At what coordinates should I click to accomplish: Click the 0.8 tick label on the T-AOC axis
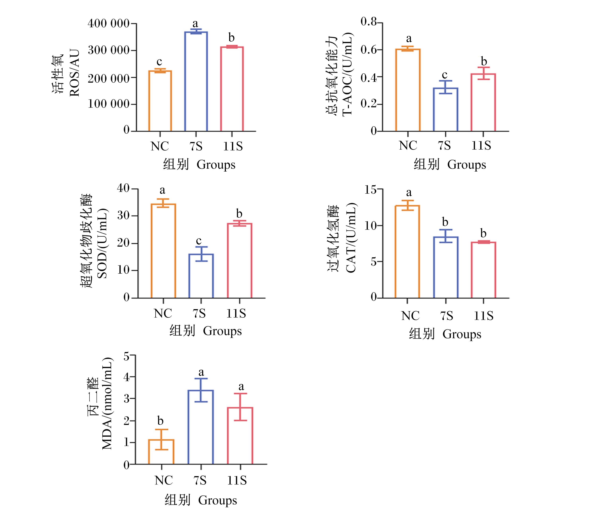[x=369, y=22]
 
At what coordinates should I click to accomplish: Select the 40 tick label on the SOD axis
[x=123, y=188]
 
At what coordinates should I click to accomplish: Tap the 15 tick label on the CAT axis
[x=370, y=190]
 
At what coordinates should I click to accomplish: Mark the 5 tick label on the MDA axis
[x=126, y=357]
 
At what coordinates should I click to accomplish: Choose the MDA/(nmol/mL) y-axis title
[x=107, y=403]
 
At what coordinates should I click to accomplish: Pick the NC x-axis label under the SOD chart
[x=163, y=313]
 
